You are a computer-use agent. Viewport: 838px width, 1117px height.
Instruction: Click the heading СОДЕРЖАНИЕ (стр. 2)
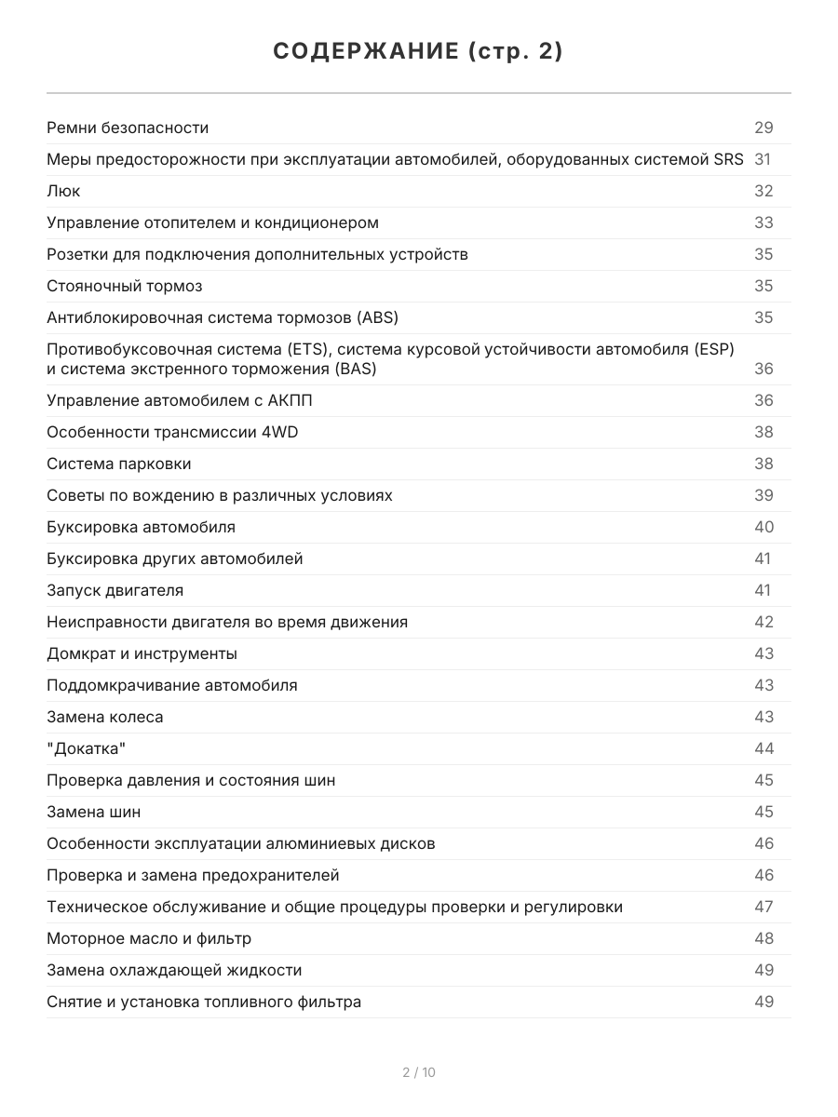click(x=418, y=52)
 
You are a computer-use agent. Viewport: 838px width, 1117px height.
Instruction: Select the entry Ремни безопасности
click(x=128, y=128)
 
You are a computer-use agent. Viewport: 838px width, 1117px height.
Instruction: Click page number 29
click(x=764, y=128)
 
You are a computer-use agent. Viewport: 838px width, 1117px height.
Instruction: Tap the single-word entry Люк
click(x=63, y=191)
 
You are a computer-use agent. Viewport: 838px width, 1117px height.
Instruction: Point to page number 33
click(x=764, y=222)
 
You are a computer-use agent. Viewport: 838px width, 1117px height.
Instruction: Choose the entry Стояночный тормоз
click(x=124, y=286)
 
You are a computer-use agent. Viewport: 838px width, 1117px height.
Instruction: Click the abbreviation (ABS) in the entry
click(x=377, y=317)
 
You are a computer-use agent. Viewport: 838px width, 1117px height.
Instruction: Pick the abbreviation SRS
click(x=728, y=159)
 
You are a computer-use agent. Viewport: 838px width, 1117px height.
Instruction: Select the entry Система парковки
click(x=118, y=464)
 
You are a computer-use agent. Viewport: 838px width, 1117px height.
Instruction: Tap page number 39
click(x=764, y=495)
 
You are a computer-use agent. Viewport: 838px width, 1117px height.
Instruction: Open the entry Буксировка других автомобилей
click(x=174, y=558)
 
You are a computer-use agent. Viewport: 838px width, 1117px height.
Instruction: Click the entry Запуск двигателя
click(x=115, y=590)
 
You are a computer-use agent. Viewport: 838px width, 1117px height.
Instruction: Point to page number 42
click(x=764, y=622)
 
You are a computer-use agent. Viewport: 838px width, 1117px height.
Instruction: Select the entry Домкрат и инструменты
click(x=142, y=653)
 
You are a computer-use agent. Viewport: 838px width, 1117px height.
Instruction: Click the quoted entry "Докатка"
click(x=85, y=748)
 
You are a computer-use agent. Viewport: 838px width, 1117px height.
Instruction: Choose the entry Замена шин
click(x=94, y=812)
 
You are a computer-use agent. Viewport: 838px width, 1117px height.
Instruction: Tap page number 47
click(x=764, y=907)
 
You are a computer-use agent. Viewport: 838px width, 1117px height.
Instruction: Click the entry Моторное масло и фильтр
click(x=149, y=938)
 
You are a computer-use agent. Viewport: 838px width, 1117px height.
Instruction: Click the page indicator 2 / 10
click(x=419, y=1072)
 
